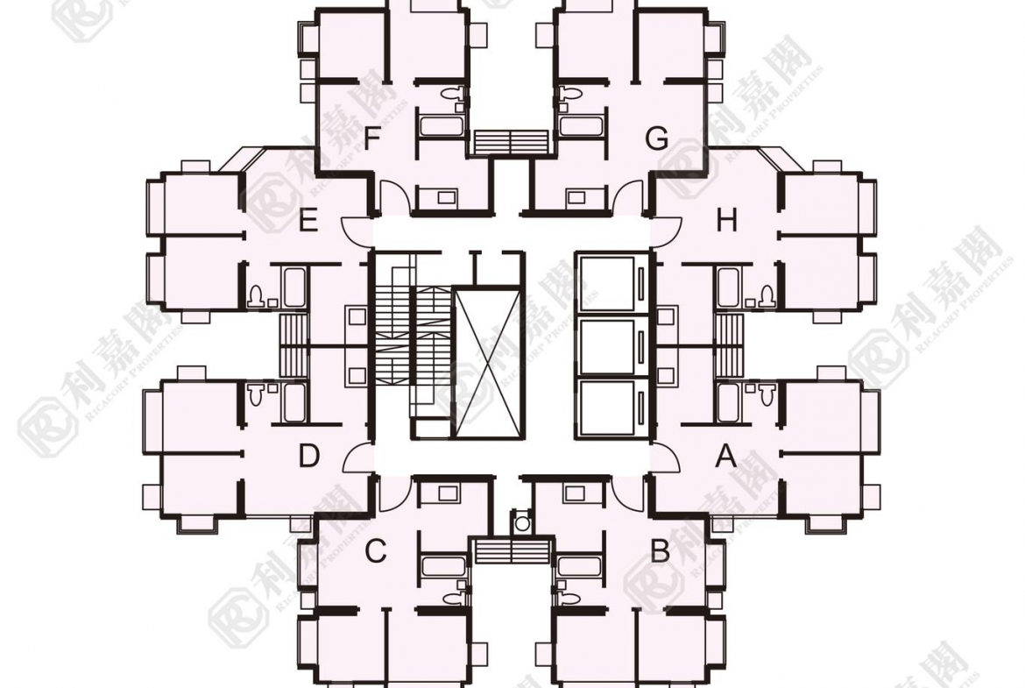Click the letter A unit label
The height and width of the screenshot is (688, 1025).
click(x=725, y=456)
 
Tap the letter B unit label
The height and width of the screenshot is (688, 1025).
click(x=661, y=552)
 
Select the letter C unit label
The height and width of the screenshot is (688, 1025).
click(x=375, y=552)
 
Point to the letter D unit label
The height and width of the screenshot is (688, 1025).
click(x=307, y=457)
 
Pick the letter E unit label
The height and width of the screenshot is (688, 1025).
click(x=307, y=221)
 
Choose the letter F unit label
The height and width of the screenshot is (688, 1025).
click(x=372, y=138)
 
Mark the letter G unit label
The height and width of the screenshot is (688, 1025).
click(x=656, y=138)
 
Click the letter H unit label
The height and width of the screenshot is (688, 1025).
click(x=726, y=221)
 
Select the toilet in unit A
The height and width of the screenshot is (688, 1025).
click(x=768, y=394)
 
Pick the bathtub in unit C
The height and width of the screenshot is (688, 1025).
click(x=445, y=566)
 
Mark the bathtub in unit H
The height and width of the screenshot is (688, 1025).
click(x=729, y=287)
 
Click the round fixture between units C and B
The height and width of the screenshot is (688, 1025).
click(x=523, y=523)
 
